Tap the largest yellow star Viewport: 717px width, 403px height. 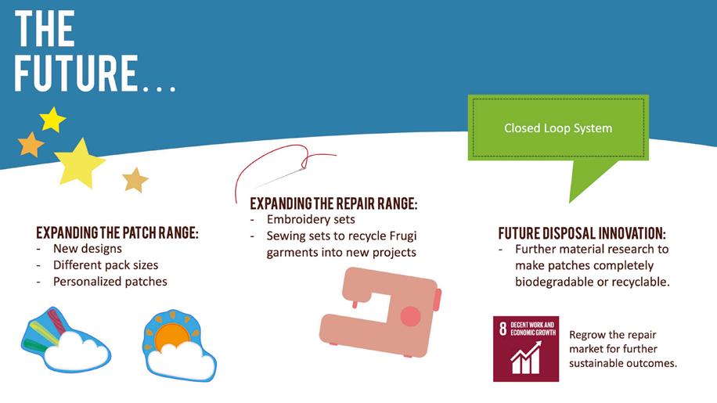pyautogui.click(x=79, y=161)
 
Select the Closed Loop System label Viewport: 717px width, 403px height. pyautogui.click(x=557, y=128)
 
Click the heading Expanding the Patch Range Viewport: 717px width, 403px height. pyautogui.click(x=117, y=233)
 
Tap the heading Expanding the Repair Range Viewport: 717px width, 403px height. pyautogui.click(x=333, y=203)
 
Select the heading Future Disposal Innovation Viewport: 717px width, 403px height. pyautogui.click(x=582, y=233)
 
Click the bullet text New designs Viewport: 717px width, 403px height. pyautogui.click(x=88, y=249)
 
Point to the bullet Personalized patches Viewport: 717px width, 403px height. pyautogui.click(x=110, y=281)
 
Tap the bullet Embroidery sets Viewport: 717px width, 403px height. pyautogui.click(x=311, y=219)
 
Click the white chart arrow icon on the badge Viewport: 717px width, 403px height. pyautogui.click(x=525, y=358)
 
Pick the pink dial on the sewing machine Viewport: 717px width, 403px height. pyautogui.click(x=410, y=316)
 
